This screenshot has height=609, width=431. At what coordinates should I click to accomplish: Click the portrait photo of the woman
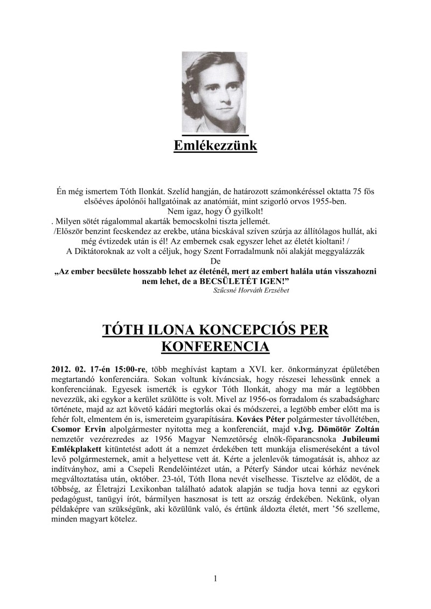tap(215, 92)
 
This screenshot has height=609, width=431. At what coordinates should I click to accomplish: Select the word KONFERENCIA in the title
tap(215, 346)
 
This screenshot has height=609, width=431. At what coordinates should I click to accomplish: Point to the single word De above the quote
tap(215, 262)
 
